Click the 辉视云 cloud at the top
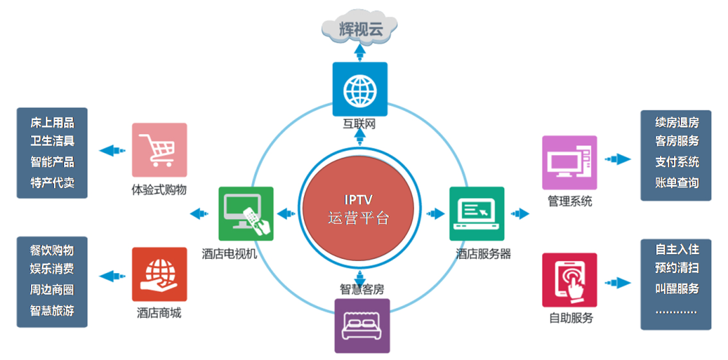click(359, 27)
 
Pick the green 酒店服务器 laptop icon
click(477, 214)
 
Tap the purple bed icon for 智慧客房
click(362, 326)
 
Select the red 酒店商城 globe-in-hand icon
click(159, 274)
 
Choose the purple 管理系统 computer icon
click(570, 162)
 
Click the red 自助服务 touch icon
click(570, 280)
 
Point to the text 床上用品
click(52, 122)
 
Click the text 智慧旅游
click(52, 311)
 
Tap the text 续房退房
click(677, 122)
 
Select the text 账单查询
click(677, 183)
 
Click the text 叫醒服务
click(677, 289)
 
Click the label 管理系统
click(570, 202)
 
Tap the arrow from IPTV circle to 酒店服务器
click(434, 214)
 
